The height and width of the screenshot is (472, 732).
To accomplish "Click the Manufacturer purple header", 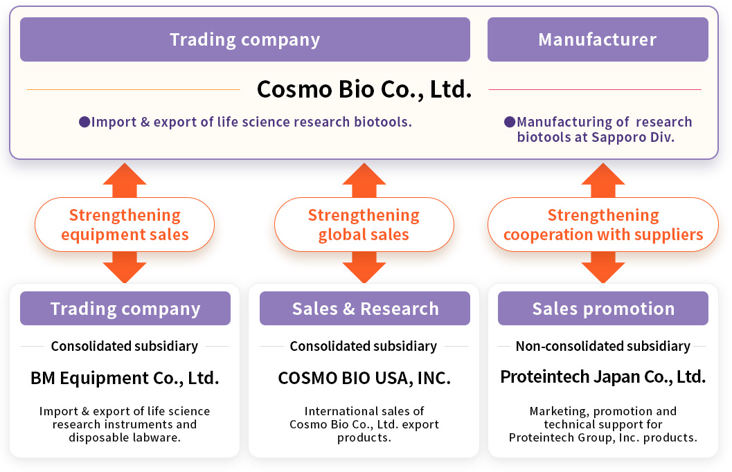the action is coord(598,39).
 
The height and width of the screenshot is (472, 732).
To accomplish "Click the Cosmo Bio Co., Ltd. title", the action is coord(364,89).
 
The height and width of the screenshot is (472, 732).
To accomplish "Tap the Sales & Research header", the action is coord(364,308).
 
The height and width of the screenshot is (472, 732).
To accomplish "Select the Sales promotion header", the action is coord(603,308).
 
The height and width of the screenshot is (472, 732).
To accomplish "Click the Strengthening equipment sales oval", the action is coord(125,225).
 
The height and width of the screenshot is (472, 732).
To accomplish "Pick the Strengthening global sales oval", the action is coord(364,225).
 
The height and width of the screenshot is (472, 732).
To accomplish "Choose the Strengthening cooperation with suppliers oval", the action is coord(603,225).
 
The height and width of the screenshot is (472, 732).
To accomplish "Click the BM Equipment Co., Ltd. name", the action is coord(125,378).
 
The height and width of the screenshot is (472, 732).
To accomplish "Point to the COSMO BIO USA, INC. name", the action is coord(364,378).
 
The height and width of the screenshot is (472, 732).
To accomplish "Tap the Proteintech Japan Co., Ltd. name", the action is coord(603,377).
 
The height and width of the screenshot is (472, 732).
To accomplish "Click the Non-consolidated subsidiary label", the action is coord(603,346).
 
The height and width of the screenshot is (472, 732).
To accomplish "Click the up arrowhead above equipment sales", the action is coord(125,174).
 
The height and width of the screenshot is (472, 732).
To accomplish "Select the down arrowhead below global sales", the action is coord(364,272).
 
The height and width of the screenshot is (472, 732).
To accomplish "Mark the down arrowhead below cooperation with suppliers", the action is coord(603,272).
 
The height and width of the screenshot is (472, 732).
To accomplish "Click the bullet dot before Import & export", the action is coord(84,122).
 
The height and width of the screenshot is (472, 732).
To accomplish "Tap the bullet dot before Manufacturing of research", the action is coord(510,122).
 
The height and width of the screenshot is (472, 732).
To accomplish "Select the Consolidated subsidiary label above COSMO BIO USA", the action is coord(364,346).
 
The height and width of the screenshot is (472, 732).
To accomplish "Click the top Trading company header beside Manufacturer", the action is coord(245,39).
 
